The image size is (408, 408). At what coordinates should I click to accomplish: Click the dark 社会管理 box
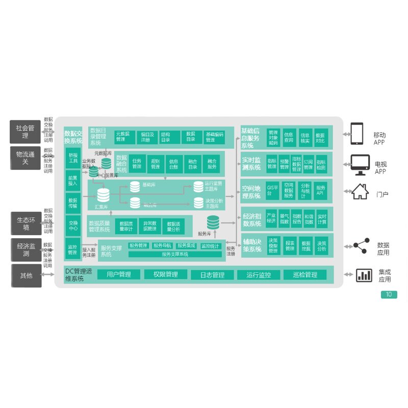pyautogui.click(x=26, y=132)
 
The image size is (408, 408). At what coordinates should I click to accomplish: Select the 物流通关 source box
pyautogui.click(x=26, y=157)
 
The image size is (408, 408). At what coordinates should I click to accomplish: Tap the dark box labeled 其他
pyautogui.click(x=26, y=275)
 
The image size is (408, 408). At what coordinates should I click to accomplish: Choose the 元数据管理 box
pyautogui.click(x=124, y=137)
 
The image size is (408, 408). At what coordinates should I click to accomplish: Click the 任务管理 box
pyautogui.click(x=137, y=164)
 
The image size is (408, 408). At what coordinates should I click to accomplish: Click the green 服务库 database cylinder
pyautogui.click(x=213, y=222)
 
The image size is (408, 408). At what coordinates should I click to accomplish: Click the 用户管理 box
pyautogui.click(x=119, y=274)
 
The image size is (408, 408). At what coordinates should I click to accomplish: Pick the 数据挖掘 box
pyautogui.click(x=305, y=246)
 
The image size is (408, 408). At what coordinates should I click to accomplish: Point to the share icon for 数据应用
pyautogui.click(x=362, y=246)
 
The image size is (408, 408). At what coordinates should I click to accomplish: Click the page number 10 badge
pyautogui.click(x=389, y=294)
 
